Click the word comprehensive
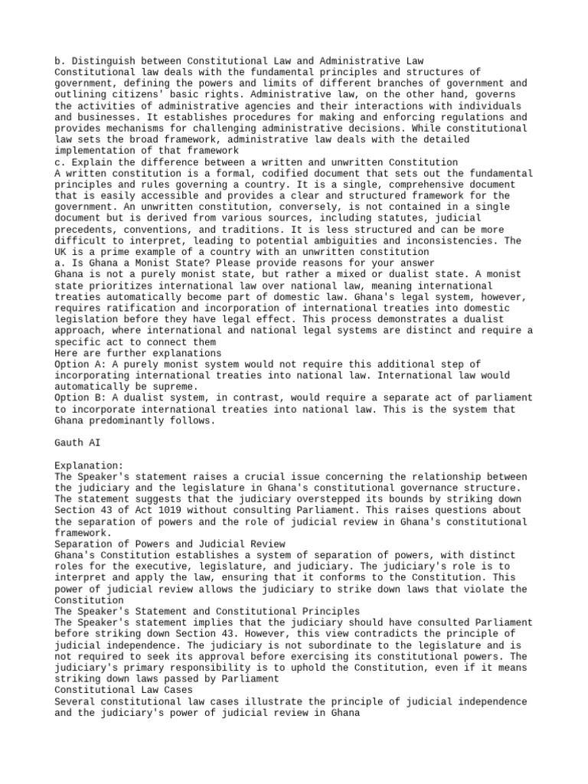tap(426, 185)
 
